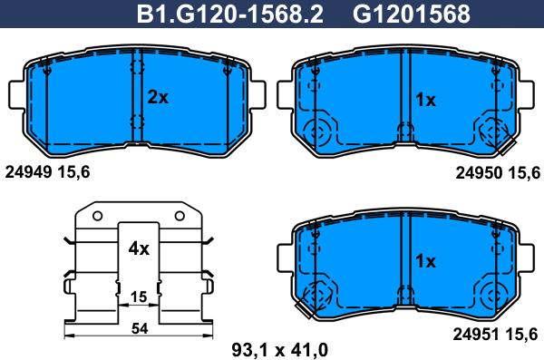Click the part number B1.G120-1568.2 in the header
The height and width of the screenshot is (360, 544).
230,14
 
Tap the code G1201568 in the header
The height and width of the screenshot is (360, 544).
412,14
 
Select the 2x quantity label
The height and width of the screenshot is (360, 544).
158,98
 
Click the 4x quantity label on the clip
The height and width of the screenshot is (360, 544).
139,248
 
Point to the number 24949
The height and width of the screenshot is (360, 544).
28,172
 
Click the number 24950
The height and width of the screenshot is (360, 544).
479,172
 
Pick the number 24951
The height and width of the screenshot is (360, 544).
477,335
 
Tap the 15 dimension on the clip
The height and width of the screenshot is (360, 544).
139,297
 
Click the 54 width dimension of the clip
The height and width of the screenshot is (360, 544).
140,328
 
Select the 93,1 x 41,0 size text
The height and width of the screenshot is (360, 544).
279,350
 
